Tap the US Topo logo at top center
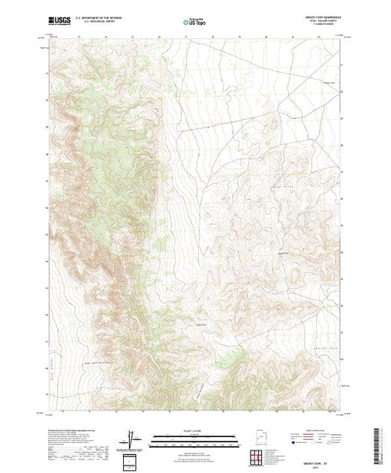[195, 23]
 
